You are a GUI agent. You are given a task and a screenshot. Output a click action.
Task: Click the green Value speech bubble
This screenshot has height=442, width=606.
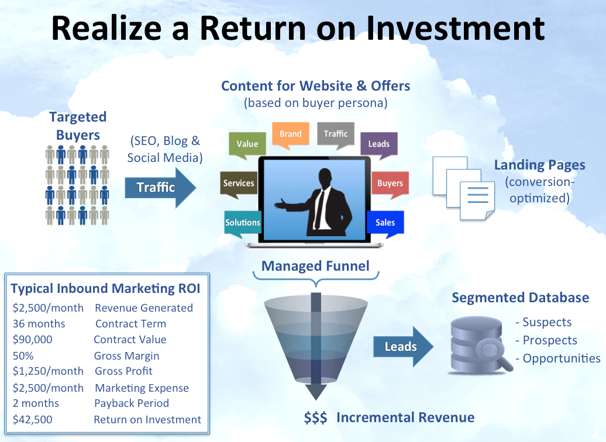[247, 144]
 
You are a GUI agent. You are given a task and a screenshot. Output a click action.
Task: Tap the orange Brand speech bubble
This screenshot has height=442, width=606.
[290, 134]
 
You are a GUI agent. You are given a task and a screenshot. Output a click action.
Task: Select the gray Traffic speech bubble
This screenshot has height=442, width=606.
[336, 134]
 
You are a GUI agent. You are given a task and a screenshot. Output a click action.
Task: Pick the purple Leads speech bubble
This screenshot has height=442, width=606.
[378, 144]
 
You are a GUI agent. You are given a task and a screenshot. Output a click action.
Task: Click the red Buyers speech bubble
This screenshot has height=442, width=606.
[390, 183]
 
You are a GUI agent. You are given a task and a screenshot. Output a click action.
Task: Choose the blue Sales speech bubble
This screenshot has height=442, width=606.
[385, 222]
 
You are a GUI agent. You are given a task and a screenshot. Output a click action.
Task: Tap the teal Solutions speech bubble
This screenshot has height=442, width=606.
[243, 222]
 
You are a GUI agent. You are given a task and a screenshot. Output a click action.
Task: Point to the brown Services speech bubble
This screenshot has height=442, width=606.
[239, 183]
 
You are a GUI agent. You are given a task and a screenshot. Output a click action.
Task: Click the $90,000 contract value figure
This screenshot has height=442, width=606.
[32, 340]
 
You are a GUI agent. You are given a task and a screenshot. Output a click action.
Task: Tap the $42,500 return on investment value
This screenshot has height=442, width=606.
[32, 419]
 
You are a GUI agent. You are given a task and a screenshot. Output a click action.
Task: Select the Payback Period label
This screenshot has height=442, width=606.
[132, 403]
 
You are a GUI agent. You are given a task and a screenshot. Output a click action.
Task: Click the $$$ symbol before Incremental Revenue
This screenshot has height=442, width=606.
[315, 417]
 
